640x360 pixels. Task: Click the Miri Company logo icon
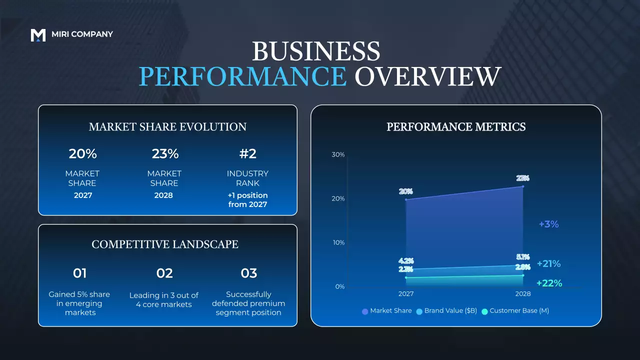pyautogui.click(x=38, y=34)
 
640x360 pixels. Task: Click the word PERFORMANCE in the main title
pyautogui.click(x=242, y=76)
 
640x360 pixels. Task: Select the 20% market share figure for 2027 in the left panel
pyautogui.click(x=83, y=153)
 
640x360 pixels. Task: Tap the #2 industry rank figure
pyautogui.click(x=247, y=153)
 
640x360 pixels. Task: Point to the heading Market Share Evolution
pyautogui.click(x=167, y=127)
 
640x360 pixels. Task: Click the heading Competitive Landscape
pyautogui.click(x=165, y=244)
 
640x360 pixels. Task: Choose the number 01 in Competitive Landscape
pyautogui.click(x=80, y=273)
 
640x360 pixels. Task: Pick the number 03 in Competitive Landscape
pyautogui.click(x=248, y=273)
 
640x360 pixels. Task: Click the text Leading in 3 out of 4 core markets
pyautogui.click(x=164, y=299)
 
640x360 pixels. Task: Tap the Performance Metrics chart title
pyautogui.click(x=456, y=127)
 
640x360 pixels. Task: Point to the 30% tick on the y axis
pyautogui.click(x=338, y=154)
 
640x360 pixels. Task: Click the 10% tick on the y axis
pyautogui.click(x=338, y=242)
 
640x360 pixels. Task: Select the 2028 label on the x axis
pyautogui.click(x=522, y=294)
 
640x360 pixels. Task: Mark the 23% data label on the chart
pyautogui.click(x=522, y=178)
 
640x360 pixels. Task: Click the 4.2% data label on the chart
pyautogui.click(x=406, y=260)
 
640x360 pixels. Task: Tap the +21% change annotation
pyautogui.click(x=548, y=263)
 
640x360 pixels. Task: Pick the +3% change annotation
pyautogui.click(x=548, y=224)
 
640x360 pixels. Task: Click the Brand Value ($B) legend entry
pyautogui.click(x=445, y=311)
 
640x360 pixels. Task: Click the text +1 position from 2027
pyautogui.click(x=247, y=199)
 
